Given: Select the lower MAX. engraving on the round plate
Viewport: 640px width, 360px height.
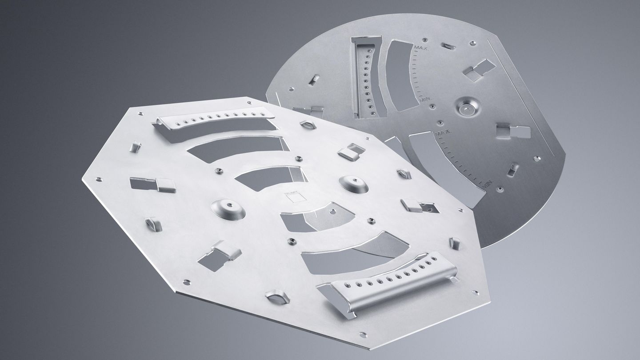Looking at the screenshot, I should [444, 132].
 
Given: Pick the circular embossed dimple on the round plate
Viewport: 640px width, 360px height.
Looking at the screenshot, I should [467, 107].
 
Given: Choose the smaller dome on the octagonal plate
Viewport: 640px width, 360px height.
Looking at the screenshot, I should [353, 184].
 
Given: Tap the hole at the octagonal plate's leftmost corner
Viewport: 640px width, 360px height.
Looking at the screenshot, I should [98, 180].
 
